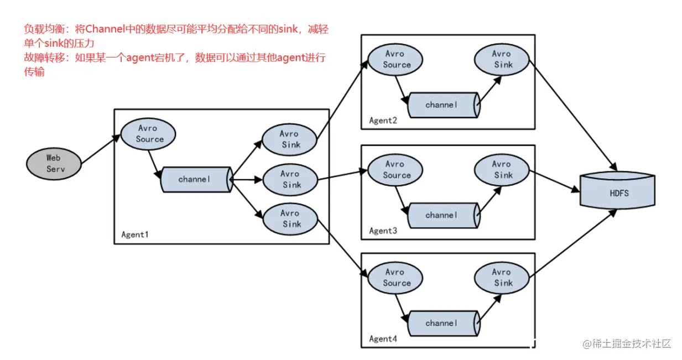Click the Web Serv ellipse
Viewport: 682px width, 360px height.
[54, 164]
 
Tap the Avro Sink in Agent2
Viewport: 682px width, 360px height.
[502, 59]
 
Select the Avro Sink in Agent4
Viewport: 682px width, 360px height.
[502, 277]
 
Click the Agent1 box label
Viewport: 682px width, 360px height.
[136, 234]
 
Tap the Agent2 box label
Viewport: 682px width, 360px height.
[383, 121]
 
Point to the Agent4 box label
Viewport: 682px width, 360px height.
[383, 339]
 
